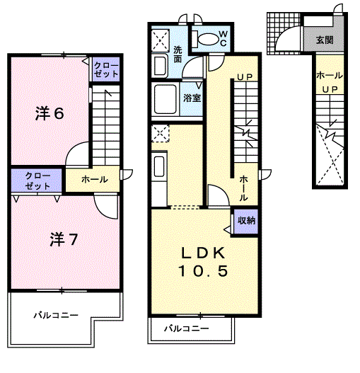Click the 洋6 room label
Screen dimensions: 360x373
(50, 113)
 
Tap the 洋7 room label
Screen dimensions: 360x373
(64, 239)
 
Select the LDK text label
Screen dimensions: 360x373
(203, 253)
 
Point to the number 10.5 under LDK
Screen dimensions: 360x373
(203, 271)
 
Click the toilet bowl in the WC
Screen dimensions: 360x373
(208, 39)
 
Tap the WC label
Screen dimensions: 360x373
(223, 38)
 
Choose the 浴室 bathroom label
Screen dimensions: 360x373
(192, 98)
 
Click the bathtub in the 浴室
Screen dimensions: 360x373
(166, 99)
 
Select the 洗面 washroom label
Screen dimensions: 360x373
(178, 54)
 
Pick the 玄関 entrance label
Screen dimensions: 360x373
(325, 40)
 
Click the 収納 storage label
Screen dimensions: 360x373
(247, 221)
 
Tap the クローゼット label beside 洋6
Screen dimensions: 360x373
(106, 69)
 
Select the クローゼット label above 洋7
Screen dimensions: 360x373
(37, 180)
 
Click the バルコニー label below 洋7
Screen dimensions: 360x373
(56, 316)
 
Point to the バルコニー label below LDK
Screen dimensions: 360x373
(187, 328)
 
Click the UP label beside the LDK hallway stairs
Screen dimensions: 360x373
(245, 76)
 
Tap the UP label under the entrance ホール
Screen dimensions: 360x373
(330, 89)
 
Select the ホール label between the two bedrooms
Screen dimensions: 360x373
(94, 179)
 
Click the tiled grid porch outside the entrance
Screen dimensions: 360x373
(284, 33)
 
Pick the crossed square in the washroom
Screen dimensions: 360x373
(161, 40)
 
